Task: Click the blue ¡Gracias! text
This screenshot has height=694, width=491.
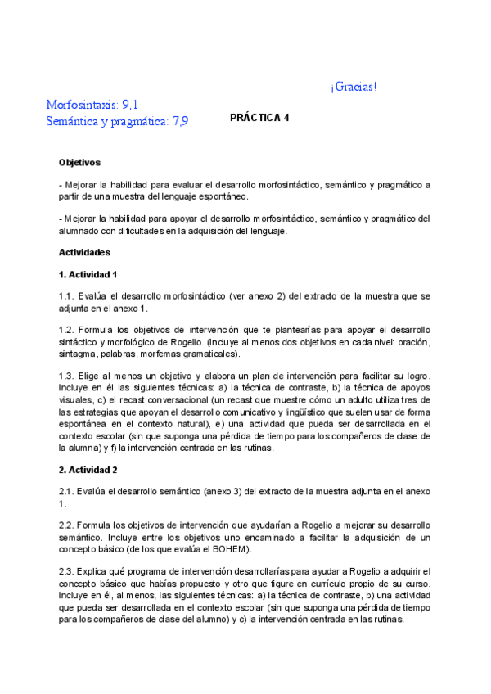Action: [x=354, y=88]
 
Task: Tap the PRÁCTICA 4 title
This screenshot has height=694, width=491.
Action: [x=259, y=117]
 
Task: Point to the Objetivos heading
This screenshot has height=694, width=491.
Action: [x=79, y=163]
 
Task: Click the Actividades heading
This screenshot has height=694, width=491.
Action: [x=84, y=252]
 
